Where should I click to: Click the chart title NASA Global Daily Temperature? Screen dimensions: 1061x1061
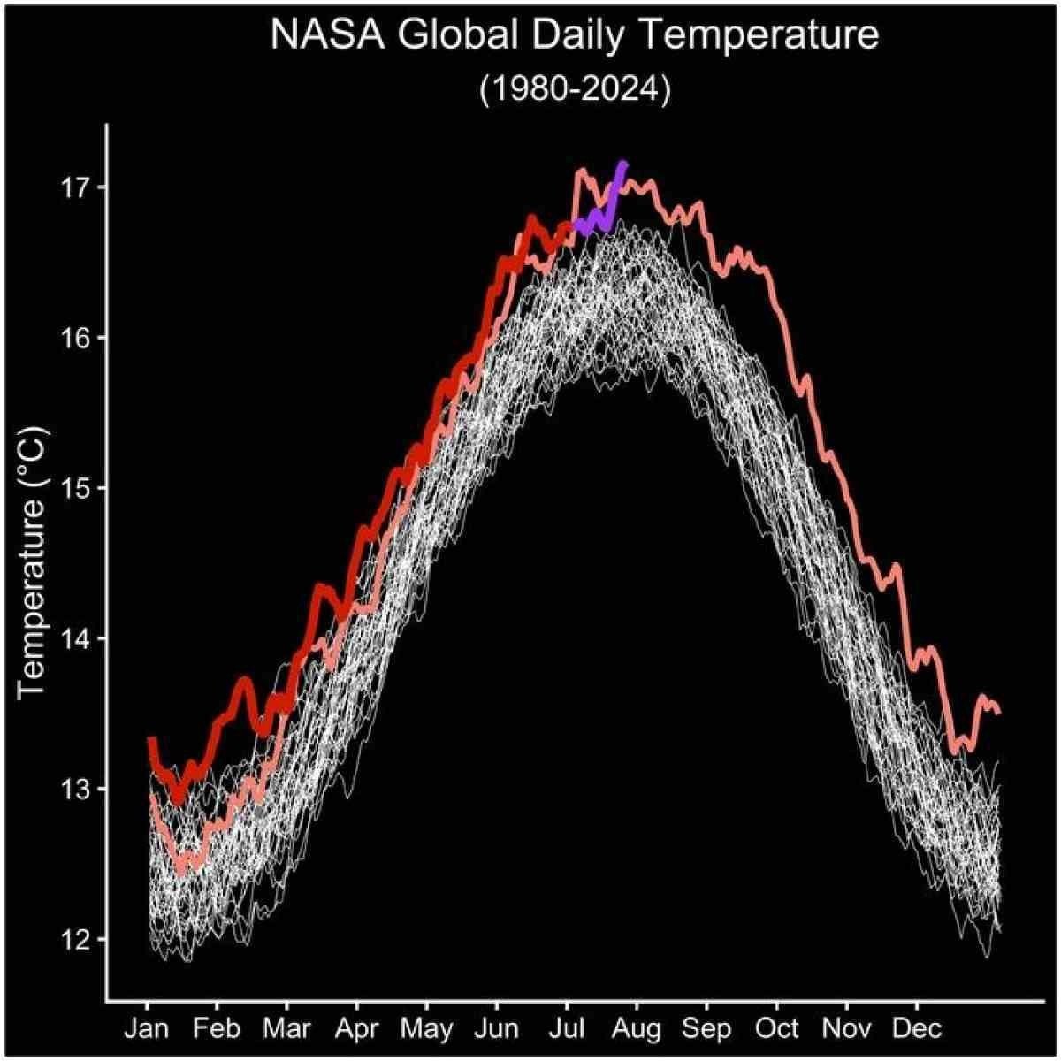575,36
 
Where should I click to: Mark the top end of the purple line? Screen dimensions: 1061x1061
624,164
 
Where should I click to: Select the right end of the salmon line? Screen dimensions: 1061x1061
998,712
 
